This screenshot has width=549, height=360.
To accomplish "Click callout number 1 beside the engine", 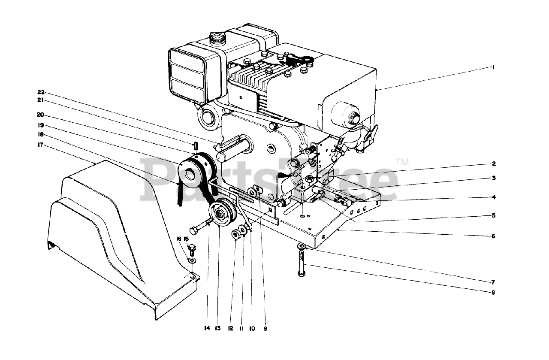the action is point(494,67).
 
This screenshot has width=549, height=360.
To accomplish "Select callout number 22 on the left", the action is point(41,92).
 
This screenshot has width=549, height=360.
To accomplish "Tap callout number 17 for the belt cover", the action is point(41,145).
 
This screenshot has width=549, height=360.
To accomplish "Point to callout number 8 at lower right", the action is point(494,293).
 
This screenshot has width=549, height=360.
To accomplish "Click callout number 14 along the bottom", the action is point(207,328).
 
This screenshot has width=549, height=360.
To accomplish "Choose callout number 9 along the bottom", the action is point(265,328).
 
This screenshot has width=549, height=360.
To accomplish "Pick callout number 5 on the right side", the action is point(494,215).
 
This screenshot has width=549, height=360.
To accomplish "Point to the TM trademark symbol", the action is point(402,162).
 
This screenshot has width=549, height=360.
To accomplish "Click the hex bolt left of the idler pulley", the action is point(198,228).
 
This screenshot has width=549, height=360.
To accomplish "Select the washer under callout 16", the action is point(192,260).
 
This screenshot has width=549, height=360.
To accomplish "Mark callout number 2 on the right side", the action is point(494,163).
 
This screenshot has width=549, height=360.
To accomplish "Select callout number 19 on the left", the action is point(41,125).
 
